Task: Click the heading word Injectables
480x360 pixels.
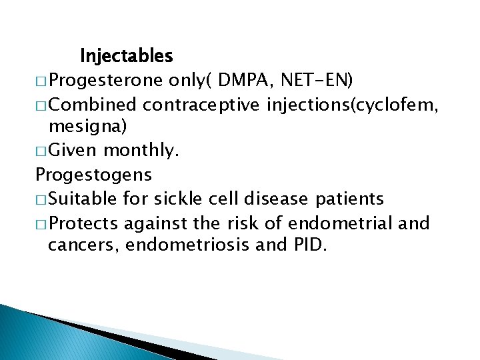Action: pyautogui.click(x=126, y=55)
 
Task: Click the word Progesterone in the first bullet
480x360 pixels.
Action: pyautogui.click(x=105, y=80)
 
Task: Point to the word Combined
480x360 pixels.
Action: pyautogui.click(x=93, y=104)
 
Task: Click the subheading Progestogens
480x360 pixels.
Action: pyautogui.click(x=93, y=175)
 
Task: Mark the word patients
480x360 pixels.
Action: pyautogui.click(x=351, y=199)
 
